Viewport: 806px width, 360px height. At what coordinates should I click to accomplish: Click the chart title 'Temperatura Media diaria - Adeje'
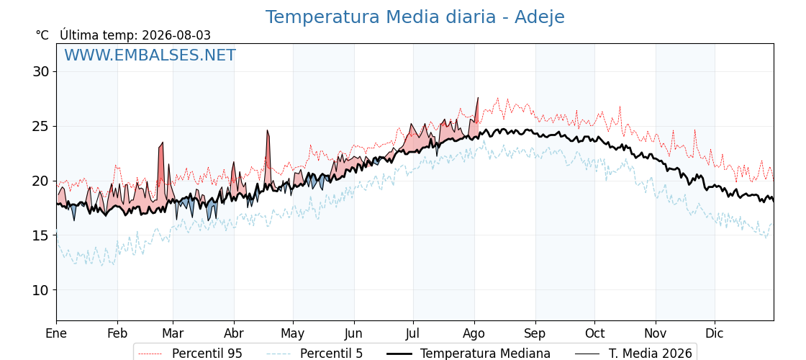tap(415, 17)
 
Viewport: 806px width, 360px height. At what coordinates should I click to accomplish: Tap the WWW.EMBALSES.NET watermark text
tap(150, 55)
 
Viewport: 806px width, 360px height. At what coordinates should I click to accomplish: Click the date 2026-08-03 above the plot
tap(176, 35)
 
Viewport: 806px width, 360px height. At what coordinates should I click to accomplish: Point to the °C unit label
tap(42, 35)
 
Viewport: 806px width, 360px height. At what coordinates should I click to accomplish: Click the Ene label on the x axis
tap(56, 333)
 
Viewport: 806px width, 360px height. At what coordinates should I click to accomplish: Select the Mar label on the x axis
tap(173, 333)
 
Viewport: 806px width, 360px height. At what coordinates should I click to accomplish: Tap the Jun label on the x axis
tap(353, 333)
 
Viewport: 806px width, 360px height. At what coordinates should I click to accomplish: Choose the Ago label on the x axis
tap(474, 333)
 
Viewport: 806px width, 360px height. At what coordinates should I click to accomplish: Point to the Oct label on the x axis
tap(594, 333)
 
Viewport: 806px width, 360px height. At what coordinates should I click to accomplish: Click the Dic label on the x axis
tap(715, 333)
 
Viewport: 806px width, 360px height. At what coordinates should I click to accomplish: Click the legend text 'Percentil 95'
tap(207, 354)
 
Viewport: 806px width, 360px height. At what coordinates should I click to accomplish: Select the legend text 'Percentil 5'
tap(331, 354)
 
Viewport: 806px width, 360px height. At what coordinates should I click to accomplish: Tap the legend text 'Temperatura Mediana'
tap(485, 354)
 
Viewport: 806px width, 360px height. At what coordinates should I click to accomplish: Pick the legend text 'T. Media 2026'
tap(651, 354)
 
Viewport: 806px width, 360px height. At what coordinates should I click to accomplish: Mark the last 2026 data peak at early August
tap(478, 98)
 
